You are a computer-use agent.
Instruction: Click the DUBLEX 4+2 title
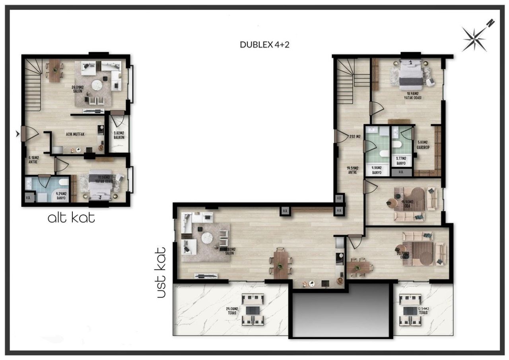tap(264, 45)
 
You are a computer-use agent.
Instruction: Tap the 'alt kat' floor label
tap(71, 218)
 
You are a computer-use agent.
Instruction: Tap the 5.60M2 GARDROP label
tap(422, 144)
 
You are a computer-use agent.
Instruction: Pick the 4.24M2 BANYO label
tap(61, 196)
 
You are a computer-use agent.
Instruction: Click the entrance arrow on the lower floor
tap(17, 134)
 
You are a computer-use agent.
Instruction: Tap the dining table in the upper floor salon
tap(281, 263)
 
